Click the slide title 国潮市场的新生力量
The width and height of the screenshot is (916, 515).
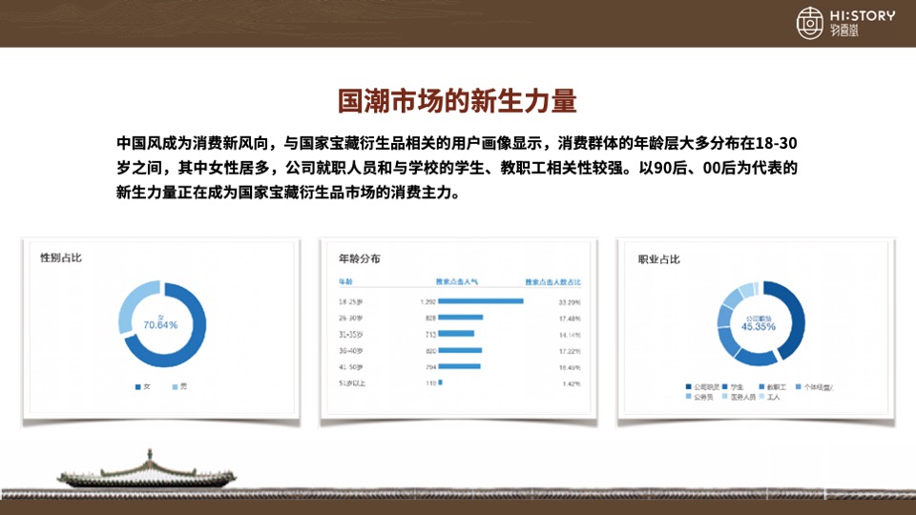tap(457, 101)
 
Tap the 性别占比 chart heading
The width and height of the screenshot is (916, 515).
tap(61, 259)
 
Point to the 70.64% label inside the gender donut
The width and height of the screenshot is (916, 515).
tap(161, 325)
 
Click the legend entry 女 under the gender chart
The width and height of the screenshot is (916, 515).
tap(143, 386)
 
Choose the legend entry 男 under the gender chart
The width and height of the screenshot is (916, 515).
tap(178, 386)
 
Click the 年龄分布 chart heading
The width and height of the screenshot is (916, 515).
tap(359, 259)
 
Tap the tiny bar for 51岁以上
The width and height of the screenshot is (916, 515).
tap(440, 382)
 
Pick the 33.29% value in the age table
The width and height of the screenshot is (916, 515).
tap(569, 301)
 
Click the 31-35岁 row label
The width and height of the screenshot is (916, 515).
tap(353, 334)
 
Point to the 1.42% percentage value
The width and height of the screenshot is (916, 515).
tap(571, 382)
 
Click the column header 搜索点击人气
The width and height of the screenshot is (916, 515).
tap(456, 282)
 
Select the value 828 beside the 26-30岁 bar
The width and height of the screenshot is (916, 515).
tap(430, 318)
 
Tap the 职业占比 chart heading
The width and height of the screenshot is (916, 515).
tap(658, 259)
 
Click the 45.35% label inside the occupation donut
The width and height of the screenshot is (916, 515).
tap(759, 326)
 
